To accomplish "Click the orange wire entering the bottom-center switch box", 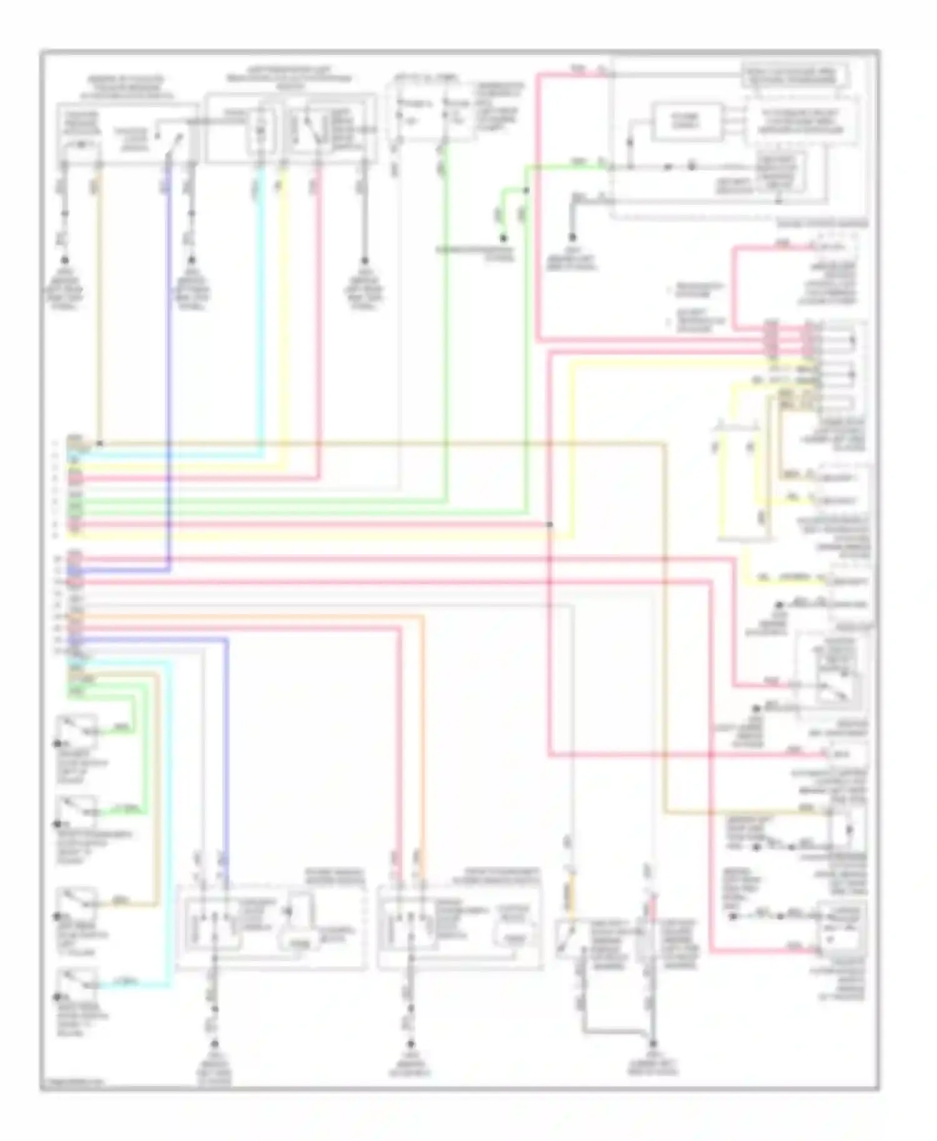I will tap(423, 749).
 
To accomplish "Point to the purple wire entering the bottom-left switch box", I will tap(226, 749).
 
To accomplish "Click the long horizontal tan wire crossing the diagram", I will tap(375, 444).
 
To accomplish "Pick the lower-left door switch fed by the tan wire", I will tap(77, 903).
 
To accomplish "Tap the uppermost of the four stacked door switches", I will tap(77, 730).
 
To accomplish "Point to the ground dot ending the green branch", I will tap(503, 238).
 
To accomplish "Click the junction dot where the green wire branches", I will tap(527, 190).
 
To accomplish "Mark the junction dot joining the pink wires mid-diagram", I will tap(550, 524).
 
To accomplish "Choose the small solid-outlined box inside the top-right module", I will tap(685, 122).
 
